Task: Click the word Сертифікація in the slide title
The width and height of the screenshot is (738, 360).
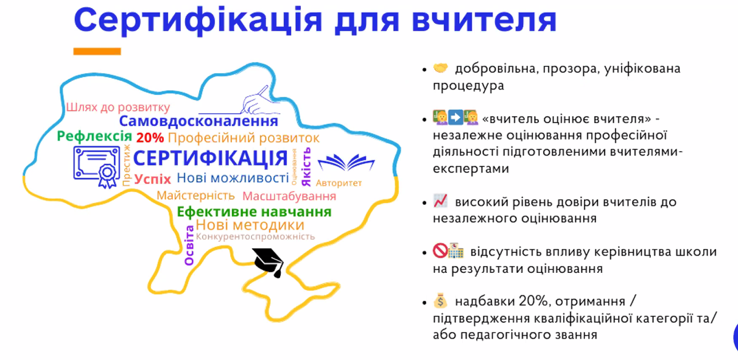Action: pos(198,21)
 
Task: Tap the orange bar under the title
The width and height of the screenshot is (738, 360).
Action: pos(97,51)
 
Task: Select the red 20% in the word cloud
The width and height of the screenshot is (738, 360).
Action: pos(150,138)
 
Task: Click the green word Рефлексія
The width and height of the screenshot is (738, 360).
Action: pos(94,136)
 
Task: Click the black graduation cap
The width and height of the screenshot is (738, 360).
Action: pos(269,263)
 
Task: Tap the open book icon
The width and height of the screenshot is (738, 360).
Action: pos(346,162)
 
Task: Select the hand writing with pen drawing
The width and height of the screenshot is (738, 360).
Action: pos(257,100)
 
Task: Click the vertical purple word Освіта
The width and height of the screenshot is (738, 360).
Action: pos(189,245)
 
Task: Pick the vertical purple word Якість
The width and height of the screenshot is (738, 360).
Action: pos(306,167)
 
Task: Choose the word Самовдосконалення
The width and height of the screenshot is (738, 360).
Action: pos(199,121)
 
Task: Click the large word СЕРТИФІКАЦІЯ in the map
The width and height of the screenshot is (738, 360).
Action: pos(211,158)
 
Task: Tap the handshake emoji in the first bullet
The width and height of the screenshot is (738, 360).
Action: pos(440,68)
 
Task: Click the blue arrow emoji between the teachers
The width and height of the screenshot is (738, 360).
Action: pos(455,118)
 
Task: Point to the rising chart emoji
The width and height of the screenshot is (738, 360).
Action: pos(440,201)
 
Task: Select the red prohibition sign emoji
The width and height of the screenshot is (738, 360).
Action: pos(440,250)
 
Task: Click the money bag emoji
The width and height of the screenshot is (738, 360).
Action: pos(440,300)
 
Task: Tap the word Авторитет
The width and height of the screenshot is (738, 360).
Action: pos(339,183)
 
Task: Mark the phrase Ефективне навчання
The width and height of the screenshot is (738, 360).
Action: pos(254,211)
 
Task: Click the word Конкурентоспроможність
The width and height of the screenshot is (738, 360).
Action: pos(255,237)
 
